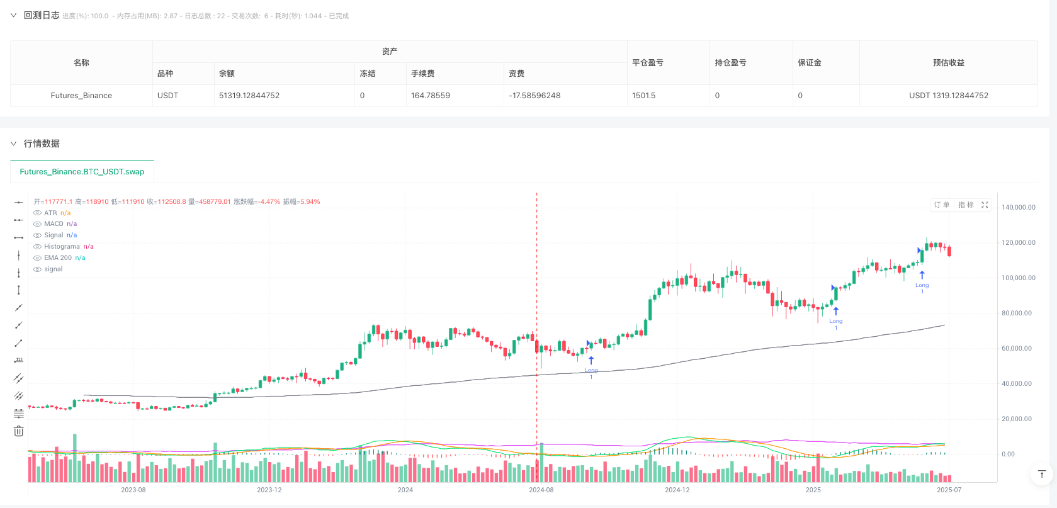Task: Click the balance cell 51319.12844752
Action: [249, 96]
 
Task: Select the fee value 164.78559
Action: [431, 96]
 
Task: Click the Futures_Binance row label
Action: [81, 96]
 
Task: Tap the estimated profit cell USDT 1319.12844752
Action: [948, 96]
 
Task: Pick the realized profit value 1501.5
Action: [644, 96]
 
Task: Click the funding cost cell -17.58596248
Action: [534, 96]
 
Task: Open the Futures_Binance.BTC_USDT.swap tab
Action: [82, 171]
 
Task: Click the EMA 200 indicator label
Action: [58, 258]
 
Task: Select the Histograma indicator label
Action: [62, 247]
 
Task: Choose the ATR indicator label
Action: [50, 213]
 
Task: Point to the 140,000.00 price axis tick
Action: [1018, 207]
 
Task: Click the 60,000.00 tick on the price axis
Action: [1016, 348]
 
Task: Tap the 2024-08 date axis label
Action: [541, 490]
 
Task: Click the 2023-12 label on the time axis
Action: [269, 490]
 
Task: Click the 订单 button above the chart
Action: [941, 205]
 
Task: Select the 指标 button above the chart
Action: [966, 205]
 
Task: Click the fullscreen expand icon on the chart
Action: [985, 205]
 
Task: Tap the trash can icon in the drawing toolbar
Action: [19, 431]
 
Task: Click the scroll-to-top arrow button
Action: [1041, 474]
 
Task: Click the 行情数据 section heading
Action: [42, 144]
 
